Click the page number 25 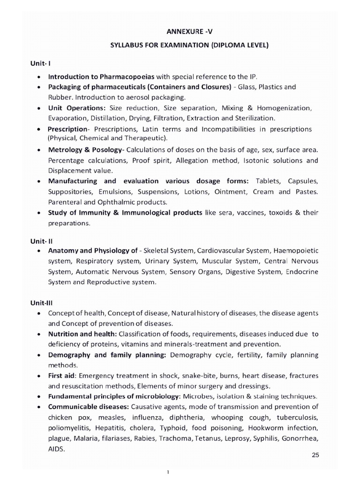coord(315,455)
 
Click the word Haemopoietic coord(296,250)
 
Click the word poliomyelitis coord(69,428)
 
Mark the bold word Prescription coord(67,129)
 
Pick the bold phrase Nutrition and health coord(82,334)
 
